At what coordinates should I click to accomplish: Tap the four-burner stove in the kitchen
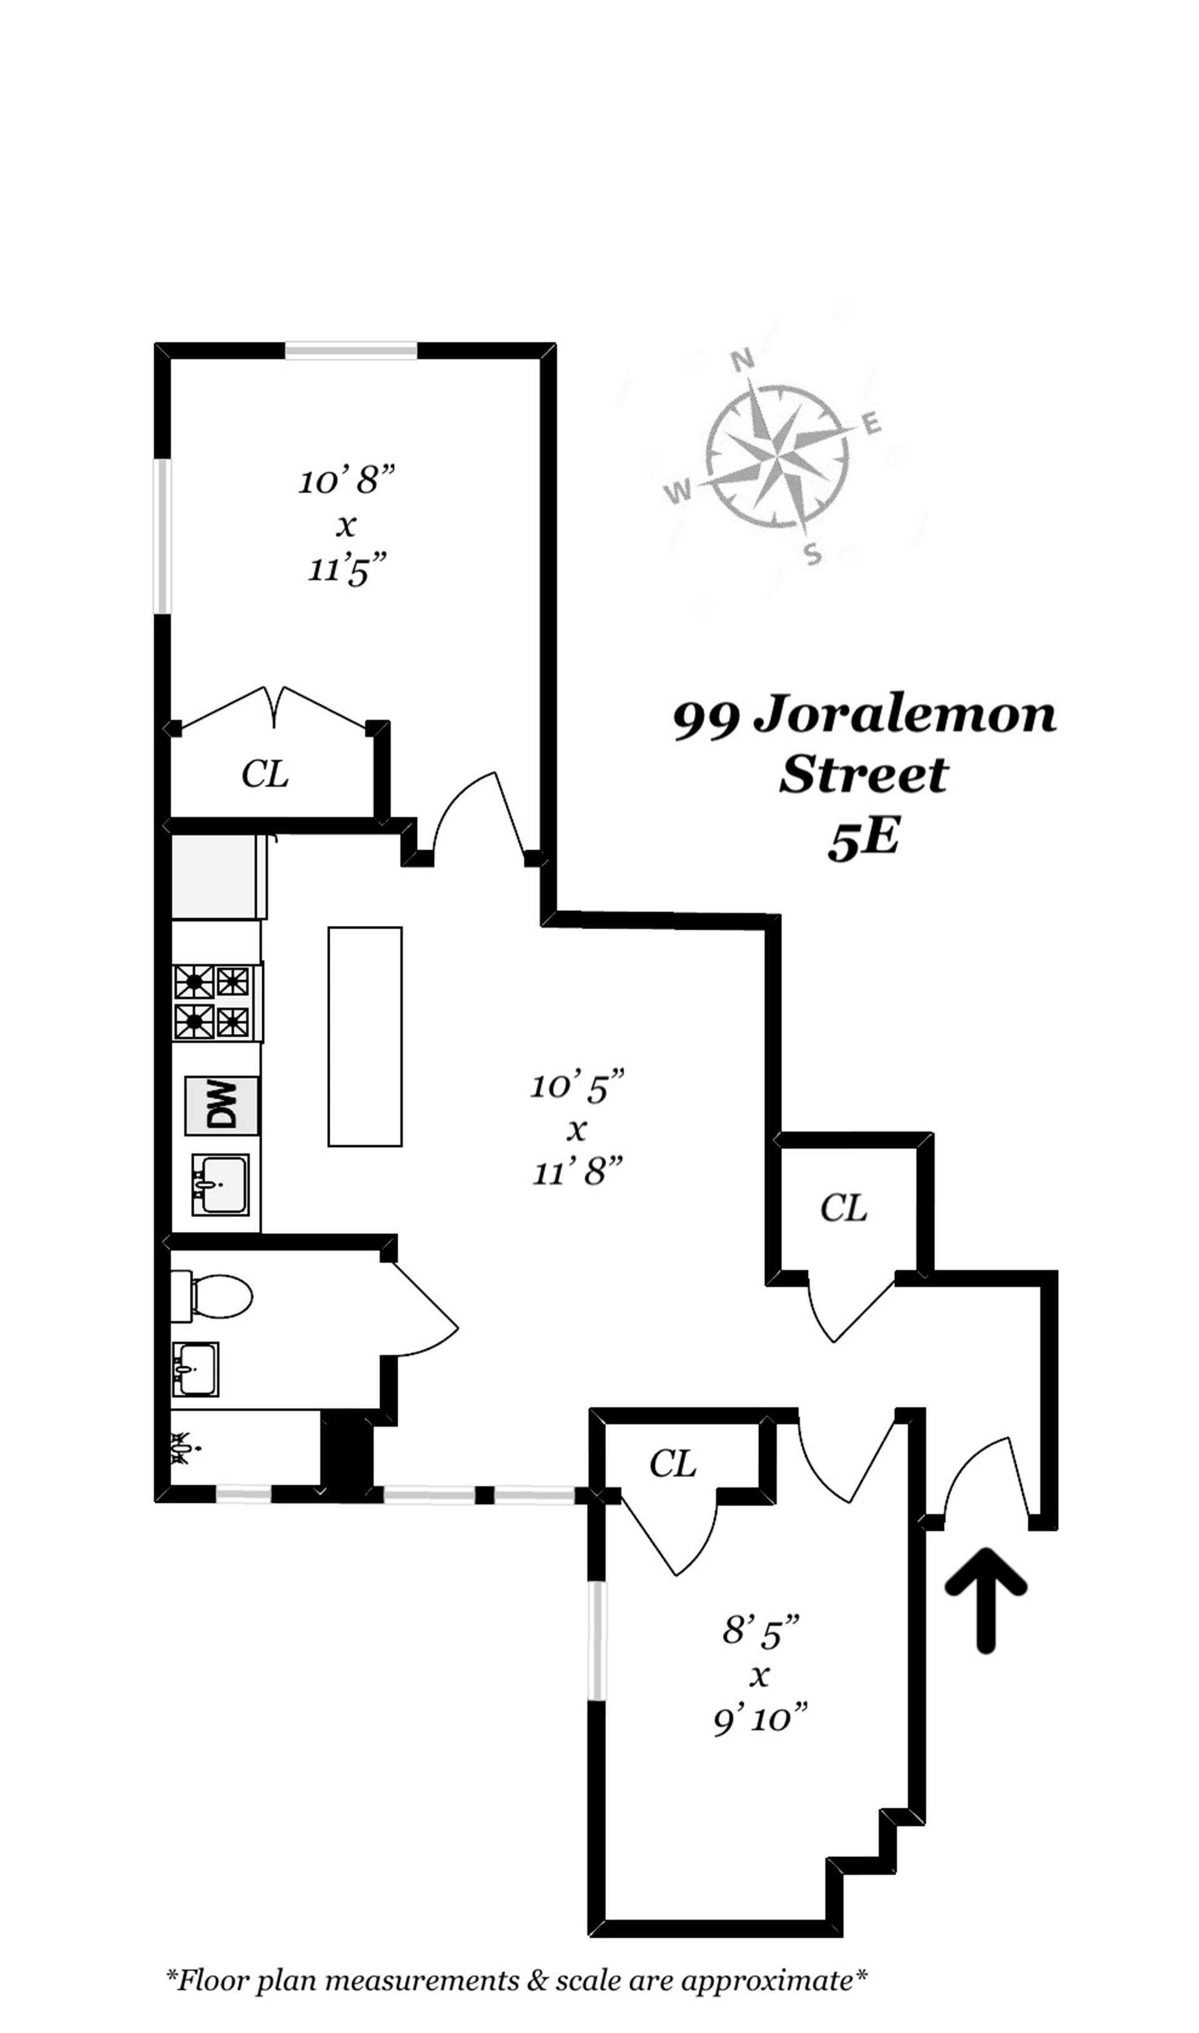pos(214,1002)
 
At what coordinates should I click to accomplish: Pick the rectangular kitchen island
pos(365,1036)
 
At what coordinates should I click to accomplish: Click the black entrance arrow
pos(985,1598)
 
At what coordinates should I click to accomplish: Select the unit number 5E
pos(863,839)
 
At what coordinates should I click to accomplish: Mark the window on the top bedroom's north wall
pos(351,350)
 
